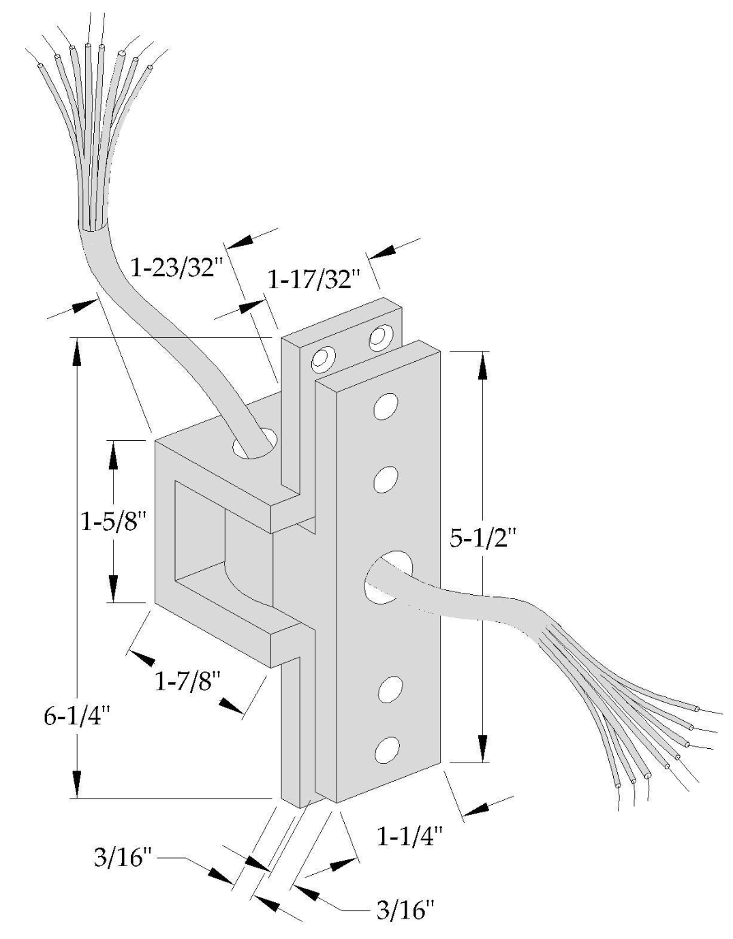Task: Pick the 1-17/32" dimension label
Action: click(312, 279)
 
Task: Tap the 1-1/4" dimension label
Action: click(410, 836)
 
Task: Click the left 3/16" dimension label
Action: click(121, 857)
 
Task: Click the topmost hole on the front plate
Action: click(386, 405)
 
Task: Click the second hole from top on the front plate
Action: click(386, 479)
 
